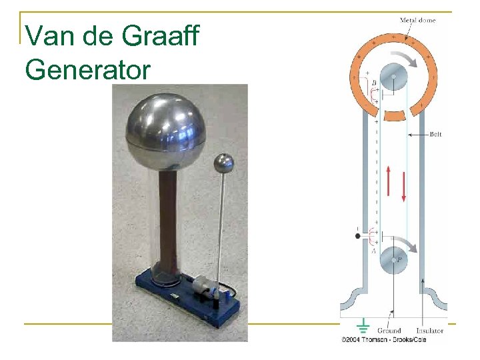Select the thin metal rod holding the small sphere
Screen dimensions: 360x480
pyautogui.click(x=220, y=227)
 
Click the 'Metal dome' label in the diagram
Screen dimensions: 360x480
pyautogui.click(x=418, y=20)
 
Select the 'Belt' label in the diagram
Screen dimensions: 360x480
pyautogui.click(x=435, y=134)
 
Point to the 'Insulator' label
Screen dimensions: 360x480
pyautogui.click(x=430, y=330)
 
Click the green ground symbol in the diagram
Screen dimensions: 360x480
pyautogui.click(x=364, y=327)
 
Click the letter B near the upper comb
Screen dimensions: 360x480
pyautogui.click(x=374, y=83)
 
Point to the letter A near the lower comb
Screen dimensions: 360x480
pyautogui.click(x=374, y=250)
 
